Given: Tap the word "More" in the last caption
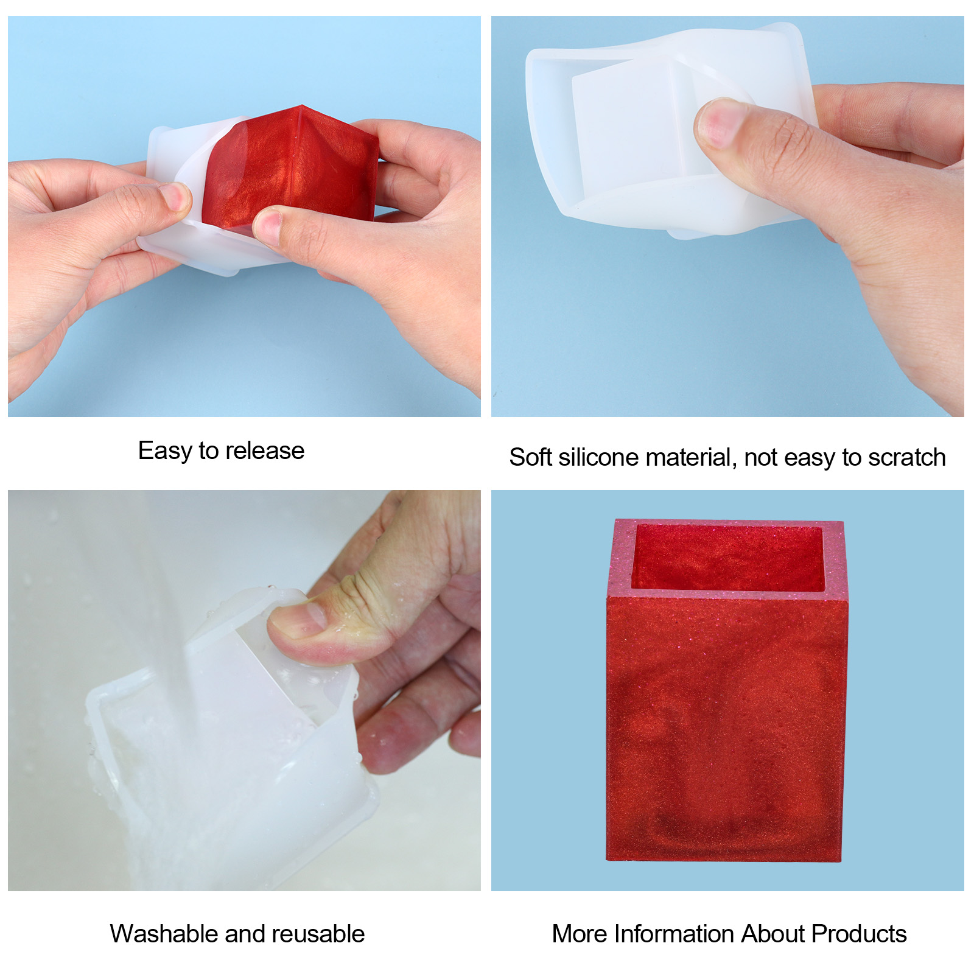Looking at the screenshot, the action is tap(580, 934).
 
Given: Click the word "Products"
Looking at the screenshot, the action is tap(859, 934).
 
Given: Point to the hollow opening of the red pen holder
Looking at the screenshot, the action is tap(727, 557).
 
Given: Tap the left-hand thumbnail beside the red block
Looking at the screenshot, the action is tap(175, 196).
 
